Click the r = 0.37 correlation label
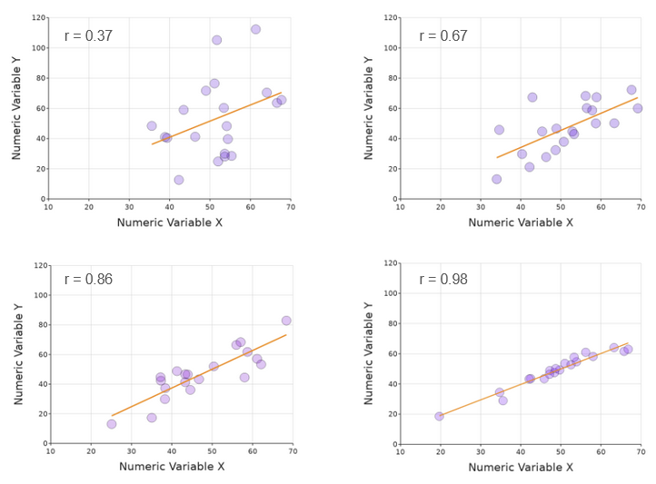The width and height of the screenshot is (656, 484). pos(88,36)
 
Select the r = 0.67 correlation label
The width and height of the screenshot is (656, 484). pos(443,36)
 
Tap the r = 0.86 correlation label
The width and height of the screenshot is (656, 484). pos(88,280)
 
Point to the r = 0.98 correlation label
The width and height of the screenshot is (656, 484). pos(443,280)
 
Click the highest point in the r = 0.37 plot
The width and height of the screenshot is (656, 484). pos(255,29)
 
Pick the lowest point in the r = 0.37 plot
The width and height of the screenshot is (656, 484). pos(179,180)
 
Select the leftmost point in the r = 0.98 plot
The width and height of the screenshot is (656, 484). pos(440,416)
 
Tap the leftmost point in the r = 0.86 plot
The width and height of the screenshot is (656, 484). pos(111,424)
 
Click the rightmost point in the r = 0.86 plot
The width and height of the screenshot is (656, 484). pos(286,321)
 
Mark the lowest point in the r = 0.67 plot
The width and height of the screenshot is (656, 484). pos(496,179)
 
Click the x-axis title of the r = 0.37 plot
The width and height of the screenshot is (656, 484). pos(170,222)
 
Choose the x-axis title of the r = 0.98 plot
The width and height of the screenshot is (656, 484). pos(521,467)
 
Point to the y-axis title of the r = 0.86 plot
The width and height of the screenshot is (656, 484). pos(19,353)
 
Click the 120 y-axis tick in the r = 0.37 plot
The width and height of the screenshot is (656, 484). pos(38,18)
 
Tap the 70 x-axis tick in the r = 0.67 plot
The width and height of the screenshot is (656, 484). pos(640,207)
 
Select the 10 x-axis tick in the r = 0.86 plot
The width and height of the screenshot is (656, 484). pos(50,451)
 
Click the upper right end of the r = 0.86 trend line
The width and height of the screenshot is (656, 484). pos(286,334)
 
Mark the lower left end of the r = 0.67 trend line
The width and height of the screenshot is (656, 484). pos(496,158)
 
